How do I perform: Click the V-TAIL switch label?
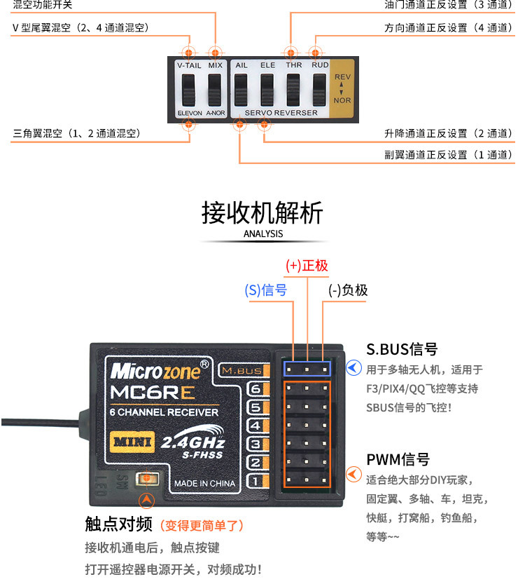coord(189,65)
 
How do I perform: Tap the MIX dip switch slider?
coord(215,89)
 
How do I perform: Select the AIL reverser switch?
coord(241,89)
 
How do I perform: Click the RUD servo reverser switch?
coord(319,89)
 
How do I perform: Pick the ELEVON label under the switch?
coord(189,112)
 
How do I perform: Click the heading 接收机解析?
coord(262,212)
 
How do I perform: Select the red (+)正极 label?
coord(307,266)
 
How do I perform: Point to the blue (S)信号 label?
coord(266,290)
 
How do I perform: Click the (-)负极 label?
coord(348,290)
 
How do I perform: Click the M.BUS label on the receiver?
coord(240,370)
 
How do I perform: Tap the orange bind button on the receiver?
coord(147,478)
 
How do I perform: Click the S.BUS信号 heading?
coord(402,349)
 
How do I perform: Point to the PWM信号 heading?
coord(398,460)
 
